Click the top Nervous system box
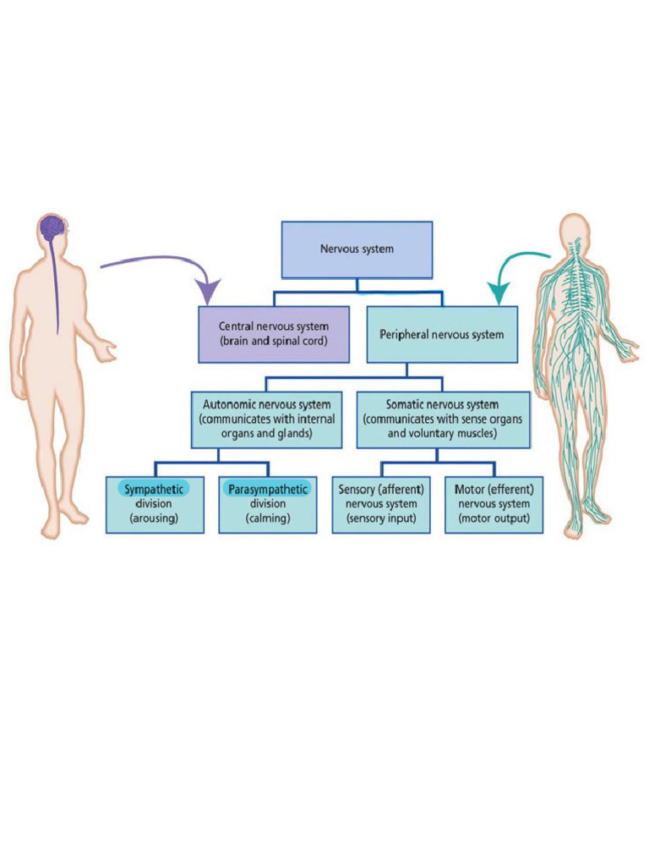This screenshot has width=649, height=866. click(357, 249)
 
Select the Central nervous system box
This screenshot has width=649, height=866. click(273, 334)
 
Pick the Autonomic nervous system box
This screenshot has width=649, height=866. click(267, 419)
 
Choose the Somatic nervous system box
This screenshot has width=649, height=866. click(443, 419)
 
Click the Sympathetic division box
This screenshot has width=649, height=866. click(155, 504)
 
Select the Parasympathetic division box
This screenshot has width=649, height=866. click(267, 504)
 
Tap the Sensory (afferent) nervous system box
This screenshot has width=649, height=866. click(381, 504)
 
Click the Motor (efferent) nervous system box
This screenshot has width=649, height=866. click(494, 504)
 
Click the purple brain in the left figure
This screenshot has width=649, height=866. click(52, 227)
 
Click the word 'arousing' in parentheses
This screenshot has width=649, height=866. click(154, 518)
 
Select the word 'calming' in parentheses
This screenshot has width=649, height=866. click(267, 518)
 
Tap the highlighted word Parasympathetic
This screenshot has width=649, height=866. click(267, 490)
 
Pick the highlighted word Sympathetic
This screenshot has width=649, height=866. click(155, 490)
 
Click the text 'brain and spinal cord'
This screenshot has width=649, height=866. click(273, 342)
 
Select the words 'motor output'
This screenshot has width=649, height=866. click(494, 518)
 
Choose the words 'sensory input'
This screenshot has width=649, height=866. click(381, 518)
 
